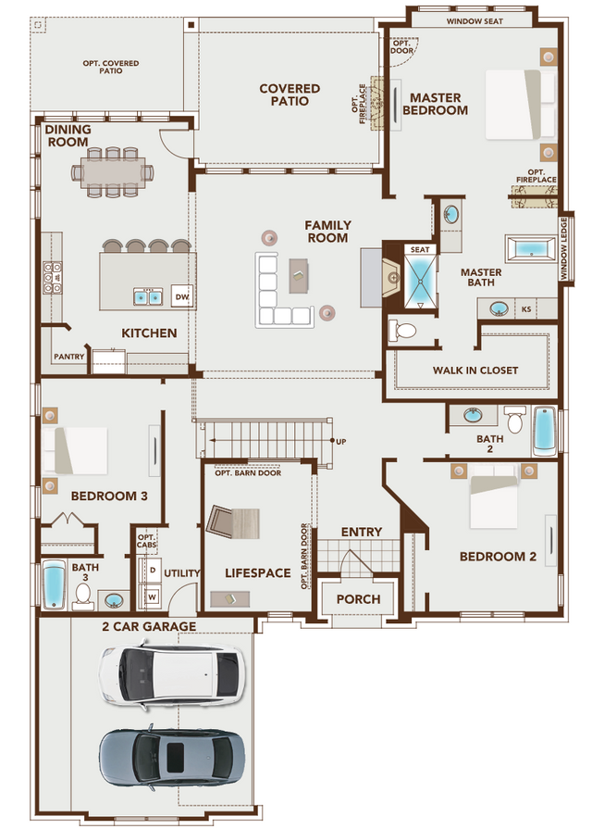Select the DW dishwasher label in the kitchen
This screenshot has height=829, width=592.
[x=181, y=296]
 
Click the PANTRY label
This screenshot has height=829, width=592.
[x=69, y=356]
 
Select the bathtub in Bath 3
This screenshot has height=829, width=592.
[x=54, y=586]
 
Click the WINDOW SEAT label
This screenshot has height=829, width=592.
[x=475, y=20]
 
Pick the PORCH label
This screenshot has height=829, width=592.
[x=358, y=599]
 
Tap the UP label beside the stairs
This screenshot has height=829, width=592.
[x=340, y=441]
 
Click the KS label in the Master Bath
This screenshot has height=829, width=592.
[x=526, y=308]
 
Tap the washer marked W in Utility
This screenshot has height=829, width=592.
[x=152, y=596]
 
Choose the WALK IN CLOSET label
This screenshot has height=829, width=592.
[x=475, y=371]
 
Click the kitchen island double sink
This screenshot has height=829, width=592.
[x=148, y=296]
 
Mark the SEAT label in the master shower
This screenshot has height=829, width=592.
[x=419, y=249]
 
